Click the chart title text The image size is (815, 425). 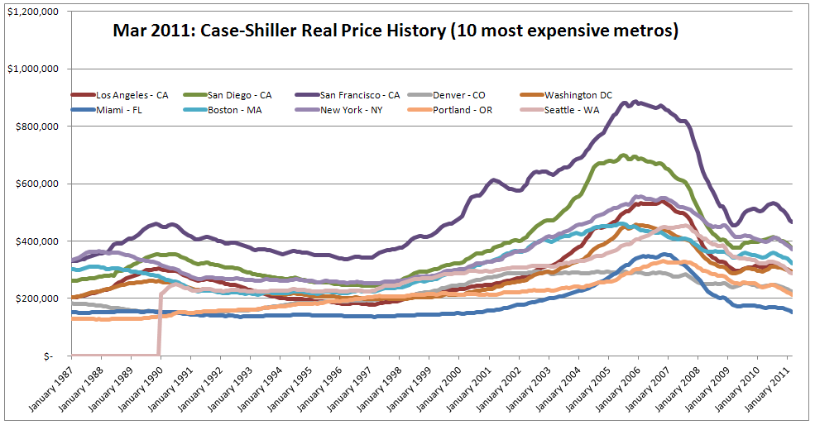(396, 31)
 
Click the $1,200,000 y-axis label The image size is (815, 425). (32, 12)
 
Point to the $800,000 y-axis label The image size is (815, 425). (36, 127)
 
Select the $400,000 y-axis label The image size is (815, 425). (36, 241)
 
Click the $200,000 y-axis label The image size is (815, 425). (36, 298)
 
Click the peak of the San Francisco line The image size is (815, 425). (635, 102)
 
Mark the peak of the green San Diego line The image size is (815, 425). (633, 155)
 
